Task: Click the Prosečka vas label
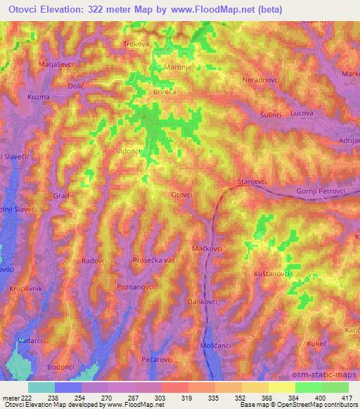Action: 154,261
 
